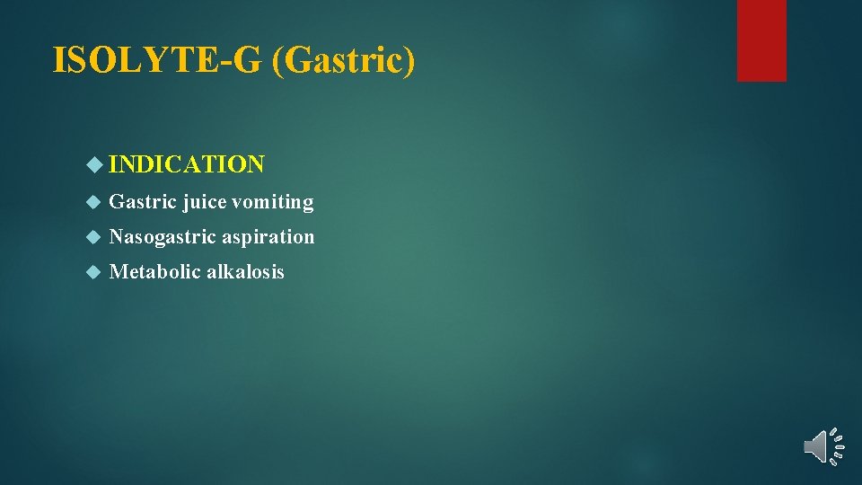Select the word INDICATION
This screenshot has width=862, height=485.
pos(187,164)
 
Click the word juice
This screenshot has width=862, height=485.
pos(205,202)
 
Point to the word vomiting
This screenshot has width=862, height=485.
pos(273,202)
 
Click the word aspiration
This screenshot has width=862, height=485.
pos(268,237)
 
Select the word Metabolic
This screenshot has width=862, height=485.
pos(154,272)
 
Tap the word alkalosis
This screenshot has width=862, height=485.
pos(245,272)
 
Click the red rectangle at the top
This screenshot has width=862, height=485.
pos(761,40)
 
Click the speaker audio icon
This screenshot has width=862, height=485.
pos(822,446)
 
